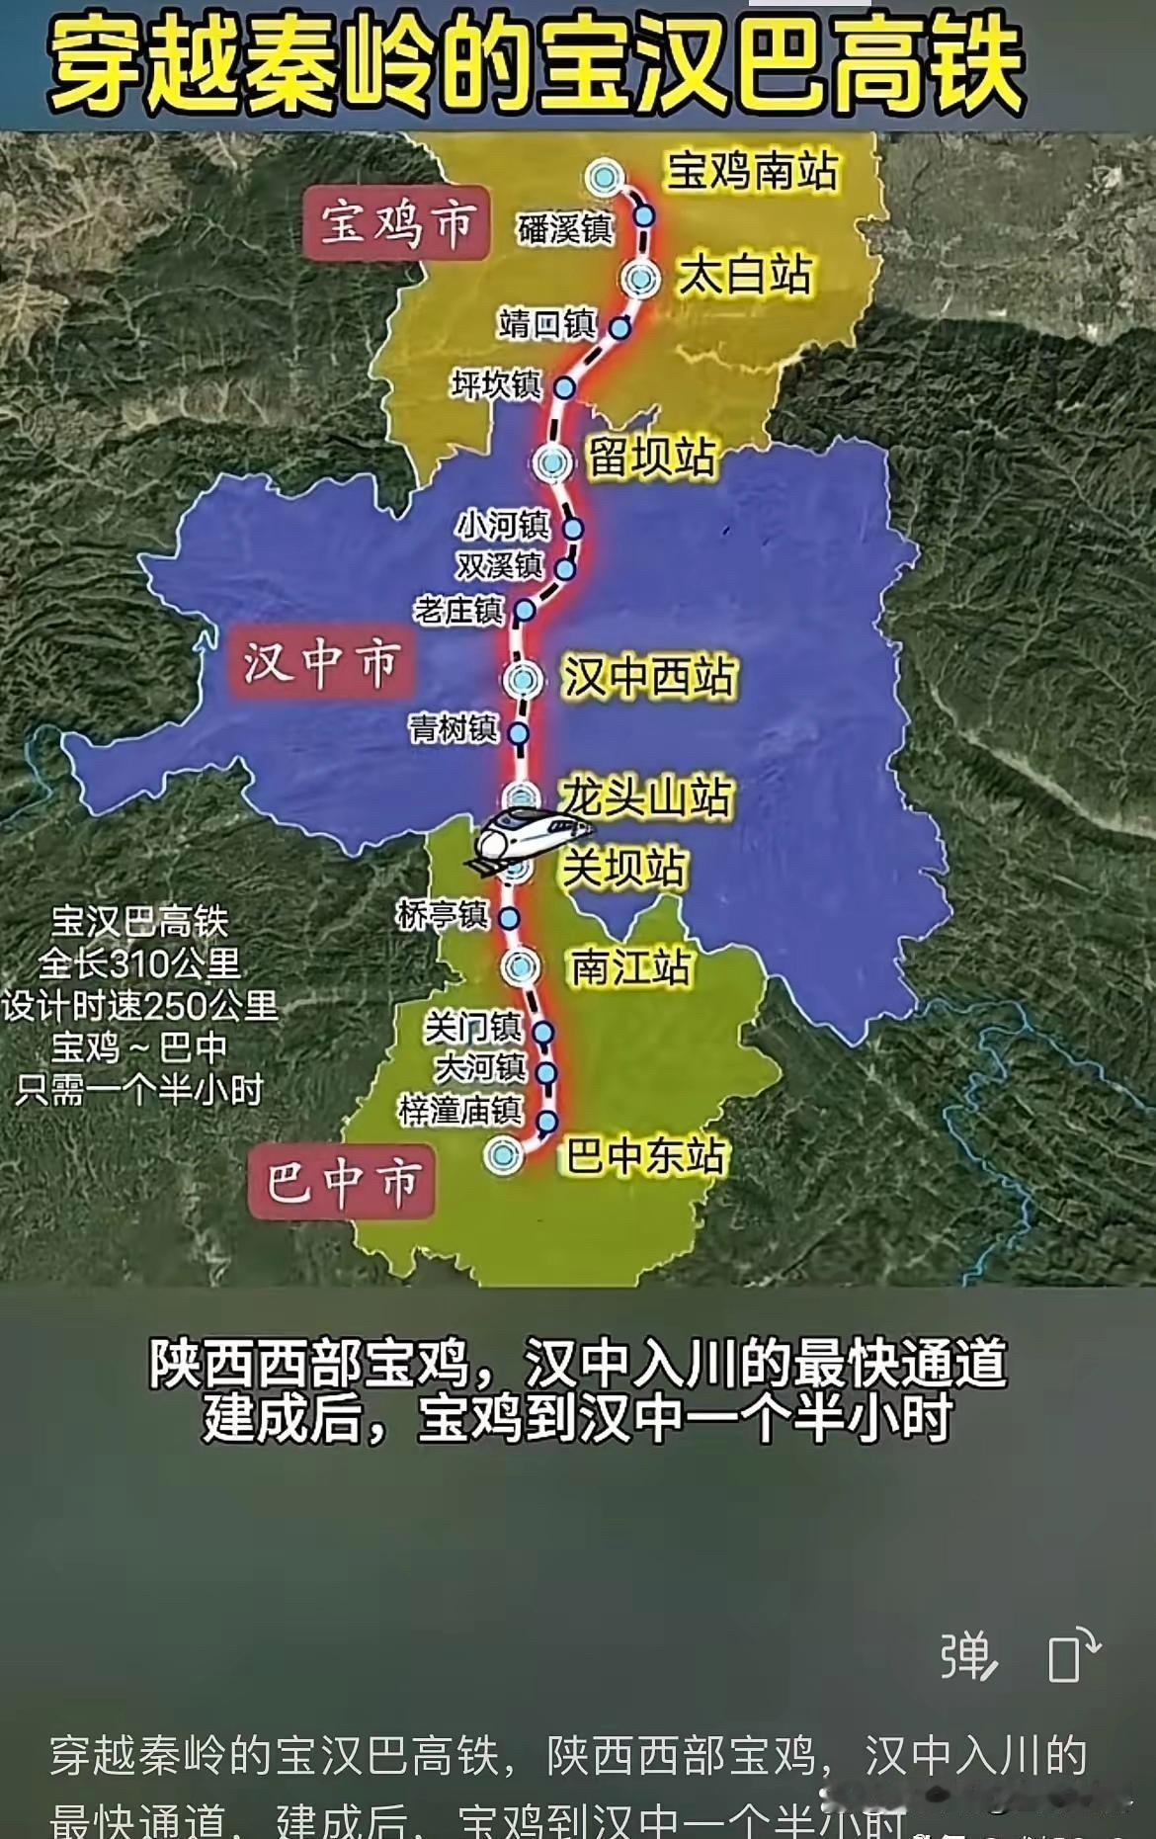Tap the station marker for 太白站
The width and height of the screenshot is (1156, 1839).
tap(641, 280)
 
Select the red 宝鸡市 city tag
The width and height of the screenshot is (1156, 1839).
tap(396, 223)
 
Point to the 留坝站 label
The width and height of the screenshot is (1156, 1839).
tap(651, 458)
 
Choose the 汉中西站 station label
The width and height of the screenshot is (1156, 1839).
tap(649, 678)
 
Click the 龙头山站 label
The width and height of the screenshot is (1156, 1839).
tap(647, 797)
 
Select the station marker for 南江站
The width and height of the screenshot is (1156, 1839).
tap(520, 967)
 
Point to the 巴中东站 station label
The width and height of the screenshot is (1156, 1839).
tap(646, 1155)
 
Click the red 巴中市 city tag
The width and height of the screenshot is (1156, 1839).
tap(342, 1182)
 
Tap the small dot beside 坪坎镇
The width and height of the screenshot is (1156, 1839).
tap(564, 387)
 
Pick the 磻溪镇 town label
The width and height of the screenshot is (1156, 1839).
tap(566, 229)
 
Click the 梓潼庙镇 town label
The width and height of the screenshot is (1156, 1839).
tap(460, 1111)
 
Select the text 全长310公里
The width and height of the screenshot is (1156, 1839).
tap(139, 962)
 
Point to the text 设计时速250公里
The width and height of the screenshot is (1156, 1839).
tap(139, 1005)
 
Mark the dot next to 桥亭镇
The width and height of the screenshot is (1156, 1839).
tap(509, 918)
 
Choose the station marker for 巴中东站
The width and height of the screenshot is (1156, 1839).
tap(503, 1154)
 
